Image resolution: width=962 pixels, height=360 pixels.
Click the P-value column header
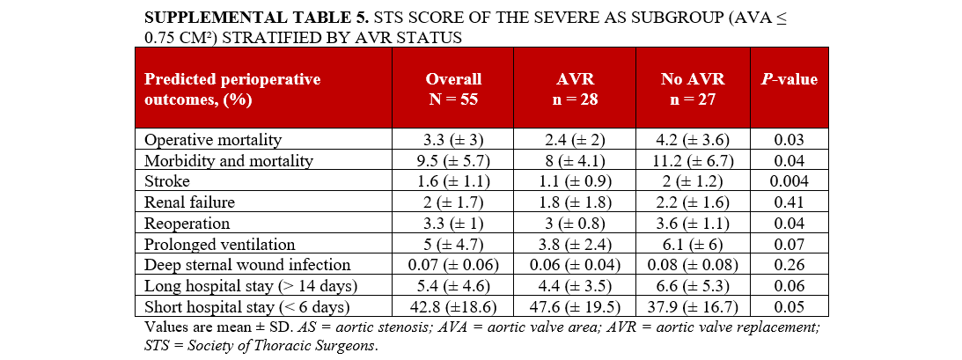(x=789, y=79)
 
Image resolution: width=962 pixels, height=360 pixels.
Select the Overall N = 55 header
(x=453, y=89)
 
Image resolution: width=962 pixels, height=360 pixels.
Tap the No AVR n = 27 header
(x=693, y=89)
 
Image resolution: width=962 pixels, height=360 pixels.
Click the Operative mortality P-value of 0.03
(x=789, y=140)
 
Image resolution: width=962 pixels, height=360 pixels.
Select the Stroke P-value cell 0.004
(x=789, y=181)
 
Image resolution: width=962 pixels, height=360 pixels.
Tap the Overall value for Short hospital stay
(x=453, y=307)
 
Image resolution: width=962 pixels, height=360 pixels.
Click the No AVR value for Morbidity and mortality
(x=693, y=161)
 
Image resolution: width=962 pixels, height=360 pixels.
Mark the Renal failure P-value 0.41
(x=789, y=202)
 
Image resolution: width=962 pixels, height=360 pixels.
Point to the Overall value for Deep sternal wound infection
(x=453, y=265)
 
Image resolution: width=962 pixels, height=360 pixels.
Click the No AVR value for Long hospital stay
(x=693, y=286)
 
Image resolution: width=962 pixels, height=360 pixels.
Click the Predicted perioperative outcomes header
(x=232, y=89)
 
